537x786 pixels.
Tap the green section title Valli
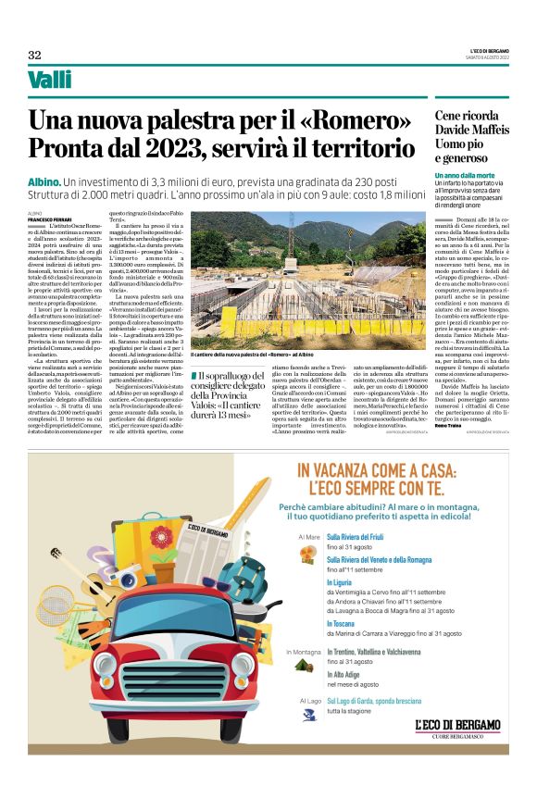(50, 81)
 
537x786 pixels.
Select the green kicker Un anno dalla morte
(465, 175)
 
